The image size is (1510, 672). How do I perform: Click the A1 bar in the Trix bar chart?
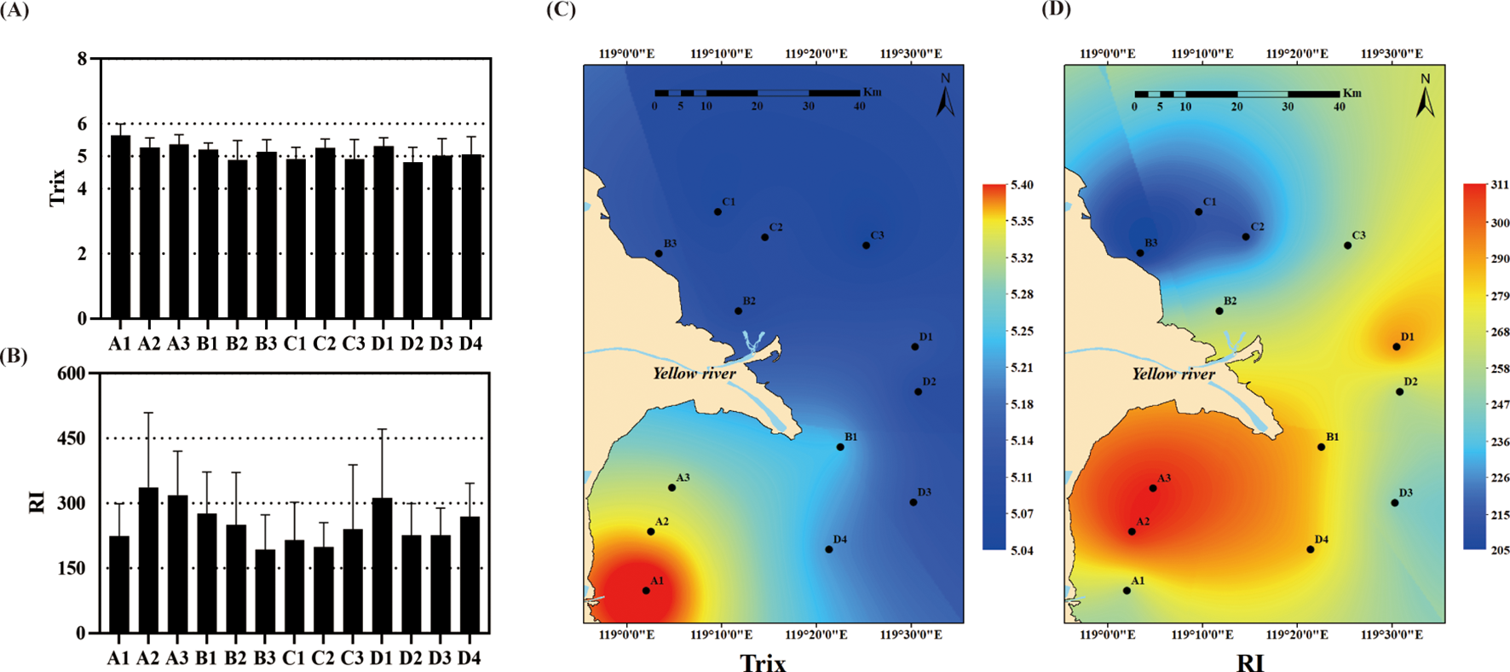[x=120, y=227]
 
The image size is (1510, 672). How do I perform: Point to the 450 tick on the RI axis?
[x=72, y=438]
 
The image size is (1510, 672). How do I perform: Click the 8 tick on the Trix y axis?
[x=82, y=59]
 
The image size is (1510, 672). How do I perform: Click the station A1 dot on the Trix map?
[x=646, y=590]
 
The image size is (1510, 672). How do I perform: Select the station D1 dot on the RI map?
[x=1396, y=347]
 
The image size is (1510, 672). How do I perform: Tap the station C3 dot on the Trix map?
[x=866, y=246]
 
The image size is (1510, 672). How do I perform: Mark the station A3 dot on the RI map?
[x=1153, y=488]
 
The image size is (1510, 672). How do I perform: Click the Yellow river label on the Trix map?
[x=694, y=374]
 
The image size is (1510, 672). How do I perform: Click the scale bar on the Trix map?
[x=757, y=92]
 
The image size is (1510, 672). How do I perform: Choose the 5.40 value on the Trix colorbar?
[x=1021, y=185]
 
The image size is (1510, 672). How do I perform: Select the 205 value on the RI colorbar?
[x=1500, y=551]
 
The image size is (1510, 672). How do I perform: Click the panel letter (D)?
[x=1055, y=9]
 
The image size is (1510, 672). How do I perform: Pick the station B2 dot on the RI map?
[x=1219, y=311]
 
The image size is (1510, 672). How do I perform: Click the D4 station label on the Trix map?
[x=839, y=540]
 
